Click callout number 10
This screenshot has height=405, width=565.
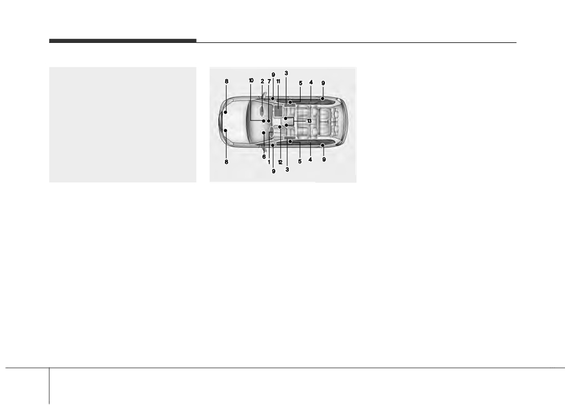coord(251,80)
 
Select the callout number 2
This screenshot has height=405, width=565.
coord(262,81)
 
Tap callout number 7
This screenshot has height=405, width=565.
coord(269,81)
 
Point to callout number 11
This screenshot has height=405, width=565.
coord(278,81)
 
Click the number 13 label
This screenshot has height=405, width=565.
coord(309,121)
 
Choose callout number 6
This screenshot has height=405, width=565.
coord(264,156)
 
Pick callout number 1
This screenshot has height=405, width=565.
coord(269,162)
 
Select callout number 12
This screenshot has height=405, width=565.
coord(280,163)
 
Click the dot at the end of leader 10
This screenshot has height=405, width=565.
coord(264,121)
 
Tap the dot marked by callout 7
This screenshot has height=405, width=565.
coord(269,121)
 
